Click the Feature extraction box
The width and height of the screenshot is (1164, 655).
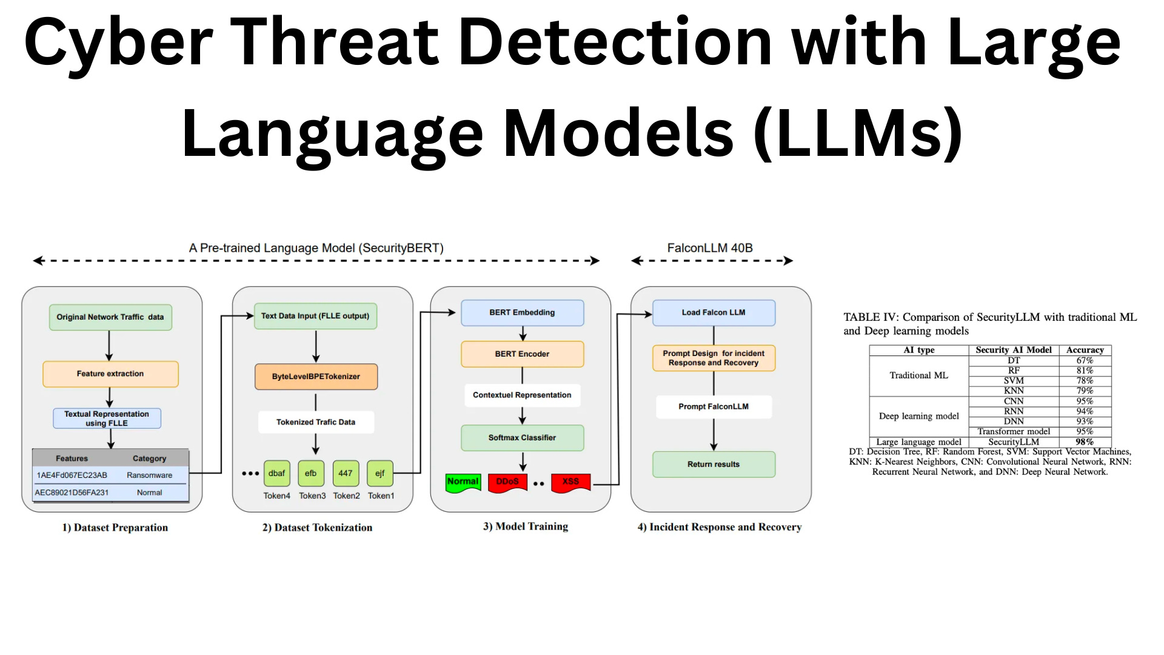tap(110, 374)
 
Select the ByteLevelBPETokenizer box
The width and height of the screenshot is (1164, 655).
tap(316, 377)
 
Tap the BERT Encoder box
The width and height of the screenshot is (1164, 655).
tap(522, 354)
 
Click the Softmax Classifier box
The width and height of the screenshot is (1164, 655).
tap(522, 438)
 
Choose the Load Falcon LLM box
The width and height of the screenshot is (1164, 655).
tap(714, 313)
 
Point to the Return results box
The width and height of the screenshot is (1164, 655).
tap(714, 465)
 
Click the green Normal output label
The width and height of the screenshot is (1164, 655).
tap(463, 482)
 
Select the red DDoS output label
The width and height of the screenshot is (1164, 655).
tap(507, 482)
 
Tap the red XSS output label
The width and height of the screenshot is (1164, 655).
tap(570, 482)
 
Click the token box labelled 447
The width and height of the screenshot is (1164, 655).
tap(346, 474)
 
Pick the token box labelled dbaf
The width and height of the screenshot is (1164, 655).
tap(276, 474)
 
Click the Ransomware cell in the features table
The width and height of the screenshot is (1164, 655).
tap(149, 475)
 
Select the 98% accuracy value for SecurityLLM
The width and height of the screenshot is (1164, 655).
tap(1085, 442)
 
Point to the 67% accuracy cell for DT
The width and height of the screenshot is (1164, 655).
tap(1085, 360)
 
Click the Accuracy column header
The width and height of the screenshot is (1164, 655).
tap(1085, 350)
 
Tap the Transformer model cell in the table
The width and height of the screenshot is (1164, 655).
tap(1014, 432)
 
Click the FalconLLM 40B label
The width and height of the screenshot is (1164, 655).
tap(710, 248)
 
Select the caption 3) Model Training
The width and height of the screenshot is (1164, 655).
tap(526, 526)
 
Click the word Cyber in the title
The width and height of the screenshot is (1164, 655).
tap(118, 42)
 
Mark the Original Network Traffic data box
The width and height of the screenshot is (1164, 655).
tap(110, 317)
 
